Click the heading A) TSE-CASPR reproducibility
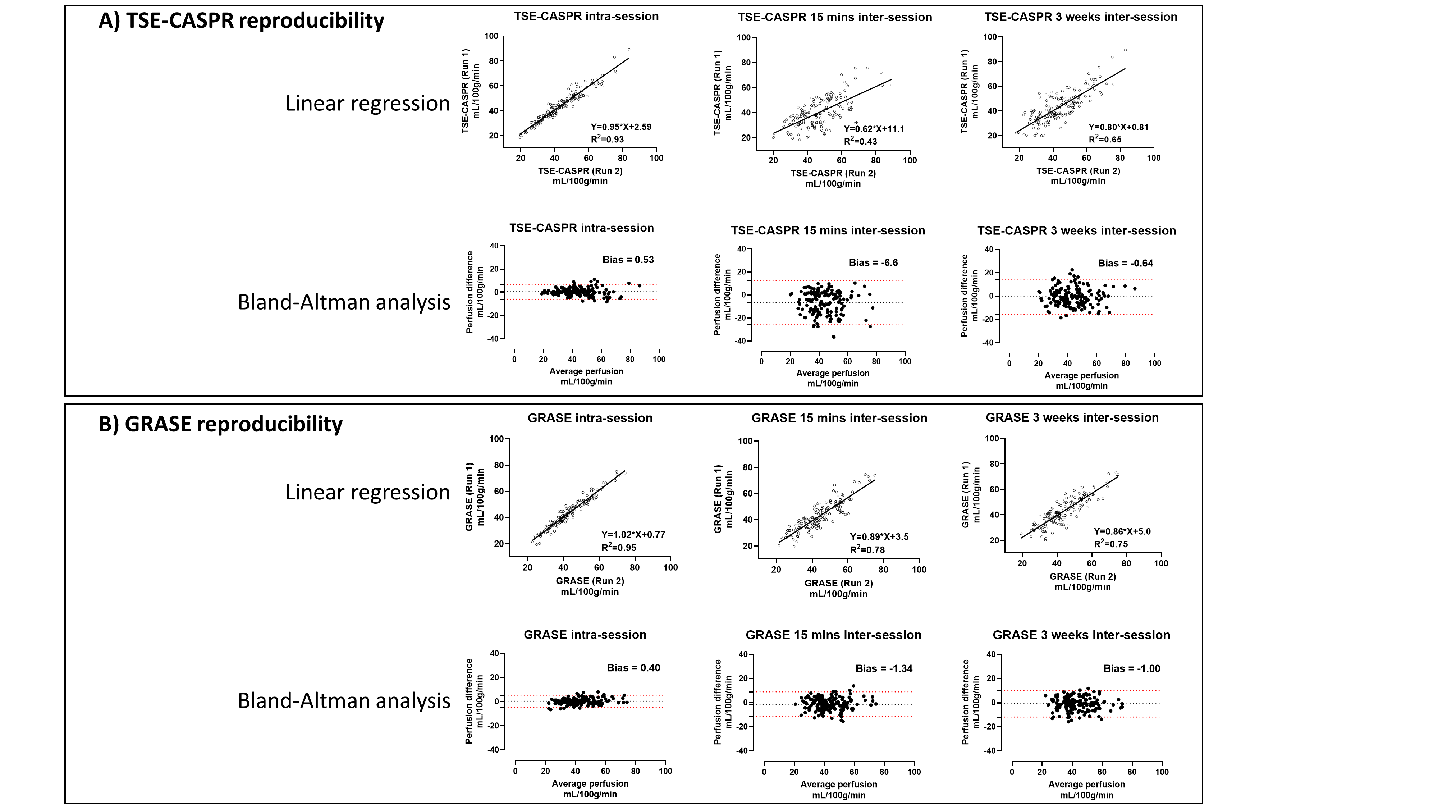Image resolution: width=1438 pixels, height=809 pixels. pyautogui.click(x=241, y=20)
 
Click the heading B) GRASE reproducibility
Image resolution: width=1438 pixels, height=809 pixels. pyautogui.click(x=220, y=424)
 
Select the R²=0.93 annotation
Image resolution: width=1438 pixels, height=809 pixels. pyautogui.click(x=607, y=139)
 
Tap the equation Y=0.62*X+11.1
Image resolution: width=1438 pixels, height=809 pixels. pyautogui.click(x=874, y=129)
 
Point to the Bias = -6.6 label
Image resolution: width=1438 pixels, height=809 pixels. pyautogui.click(x=873, y=262)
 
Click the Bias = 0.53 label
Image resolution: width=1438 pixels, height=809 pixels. pyautogui.click(x=628, y=260)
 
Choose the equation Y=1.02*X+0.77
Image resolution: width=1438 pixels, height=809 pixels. pyautogui.click(x=633, y=534)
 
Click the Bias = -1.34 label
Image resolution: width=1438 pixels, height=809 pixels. pyautogui.click(x=884, y=668)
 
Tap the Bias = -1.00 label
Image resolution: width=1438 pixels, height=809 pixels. pyautogui.click(x=1132, y=668)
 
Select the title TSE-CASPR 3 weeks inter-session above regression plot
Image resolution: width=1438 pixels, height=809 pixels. pyautogui.click(x=1081, y=17)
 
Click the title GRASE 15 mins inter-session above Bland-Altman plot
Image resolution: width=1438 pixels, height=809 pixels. pyautogui.click(x=833, y=635)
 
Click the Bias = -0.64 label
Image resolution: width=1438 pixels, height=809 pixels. pyautogui.click(x=1125, y=263)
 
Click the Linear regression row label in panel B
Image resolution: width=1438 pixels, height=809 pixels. pyautogui.click(x=367, y=493)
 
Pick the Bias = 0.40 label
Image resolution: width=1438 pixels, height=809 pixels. pyautogui.click(x=633, y=668)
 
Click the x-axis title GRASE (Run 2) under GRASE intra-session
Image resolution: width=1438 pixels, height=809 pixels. pyautogui.click(x=590, y=581)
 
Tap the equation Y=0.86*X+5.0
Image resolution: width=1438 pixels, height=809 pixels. pyautogui.click(x=1122, y=531)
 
